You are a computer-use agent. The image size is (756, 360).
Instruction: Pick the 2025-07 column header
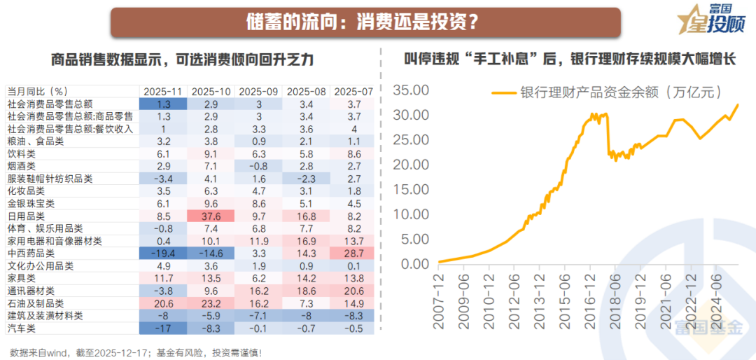tap(353, 92)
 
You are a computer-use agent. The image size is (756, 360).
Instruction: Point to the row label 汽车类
tap(22, 328)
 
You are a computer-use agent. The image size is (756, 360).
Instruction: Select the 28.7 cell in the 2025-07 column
tap(353, 254)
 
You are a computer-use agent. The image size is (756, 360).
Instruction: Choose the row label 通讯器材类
tap(31, 291)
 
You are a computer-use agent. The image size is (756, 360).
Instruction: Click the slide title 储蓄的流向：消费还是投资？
tap(365, 23)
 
